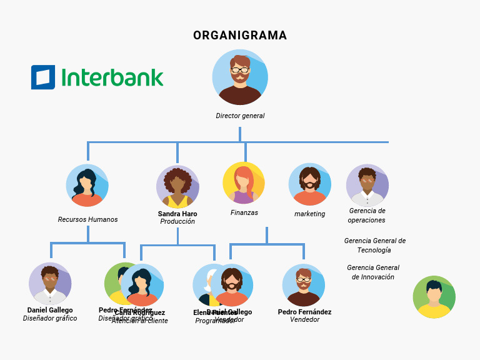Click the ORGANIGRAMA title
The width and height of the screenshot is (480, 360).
pyautogui.click(x=240, y=36)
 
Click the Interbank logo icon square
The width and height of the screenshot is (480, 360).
pyautogui.click(x=43, y=77)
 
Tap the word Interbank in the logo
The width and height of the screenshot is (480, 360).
pyautogui.click(x=112, y=77)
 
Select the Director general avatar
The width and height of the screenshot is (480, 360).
pyautogui.click(x=240, y=77)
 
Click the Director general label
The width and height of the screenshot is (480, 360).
pyautogui.click(x=240, y=116)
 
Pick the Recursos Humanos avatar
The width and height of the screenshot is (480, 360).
pyautogui.click(x=87, y=186)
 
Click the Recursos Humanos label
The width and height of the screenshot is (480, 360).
pyautogui.click(x=87, y=219)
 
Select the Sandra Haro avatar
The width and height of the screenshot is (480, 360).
pyautogui.click(x=177, y=187)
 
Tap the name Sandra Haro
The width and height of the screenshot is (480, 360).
pyautogui.click(x=177, y=214)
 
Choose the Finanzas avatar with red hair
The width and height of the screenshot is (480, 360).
pyautogui.click(x=244, y=183)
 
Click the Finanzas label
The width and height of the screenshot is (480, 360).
pyautogui.click(x=244, y=212)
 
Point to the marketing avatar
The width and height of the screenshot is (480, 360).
pyautogui.click(x=310, y=185)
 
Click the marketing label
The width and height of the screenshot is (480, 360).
pyautogui.click(x=310, y=214)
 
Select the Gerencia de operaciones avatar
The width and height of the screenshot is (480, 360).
pyautogui.click(x=367, y=186)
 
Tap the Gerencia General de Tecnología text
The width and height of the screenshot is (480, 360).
pyautogui.click(x=374, y=245)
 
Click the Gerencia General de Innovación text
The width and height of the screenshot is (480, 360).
pyautogui.click(x=373, y=272)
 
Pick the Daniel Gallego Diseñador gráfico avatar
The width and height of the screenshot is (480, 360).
pyautogui.click(x=50, y=284)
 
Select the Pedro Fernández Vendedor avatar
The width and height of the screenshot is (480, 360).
pyautogui.click(x=304, y=285)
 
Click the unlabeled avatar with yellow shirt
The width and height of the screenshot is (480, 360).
pyautogui.click(x=434, y=297)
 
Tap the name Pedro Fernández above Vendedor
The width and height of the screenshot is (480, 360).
pyautogui.click(x=304, y=312)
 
